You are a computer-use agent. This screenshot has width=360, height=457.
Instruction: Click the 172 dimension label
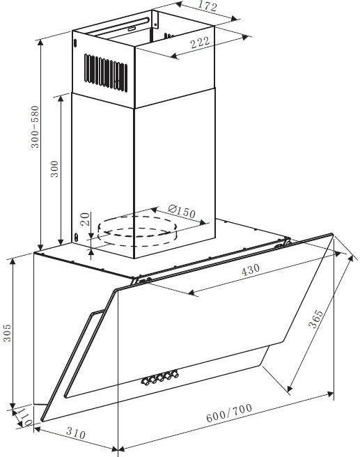point(208,6)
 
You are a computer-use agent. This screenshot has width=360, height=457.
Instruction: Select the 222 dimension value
point(200,42)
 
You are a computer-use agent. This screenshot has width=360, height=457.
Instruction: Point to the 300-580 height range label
point(35,127)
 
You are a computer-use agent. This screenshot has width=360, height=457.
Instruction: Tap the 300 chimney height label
point(55,169)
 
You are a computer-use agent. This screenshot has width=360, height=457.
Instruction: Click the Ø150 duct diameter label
point(182,211)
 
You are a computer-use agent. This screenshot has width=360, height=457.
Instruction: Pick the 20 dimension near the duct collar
point(85,219)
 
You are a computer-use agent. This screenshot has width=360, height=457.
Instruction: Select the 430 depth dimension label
point(251,270)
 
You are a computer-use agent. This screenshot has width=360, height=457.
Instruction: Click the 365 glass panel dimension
point(315,319)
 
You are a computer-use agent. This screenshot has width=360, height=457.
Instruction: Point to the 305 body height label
point(7,332)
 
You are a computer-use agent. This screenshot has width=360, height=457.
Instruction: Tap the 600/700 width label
point(229,412)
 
